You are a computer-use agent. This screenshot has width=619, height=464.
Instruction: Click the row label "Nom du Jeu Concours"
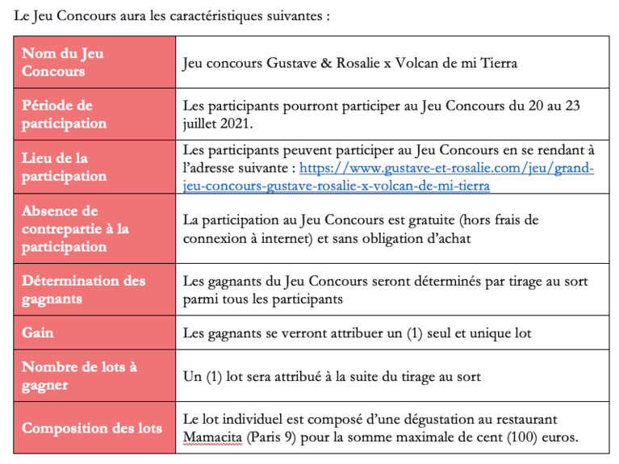point(63,62)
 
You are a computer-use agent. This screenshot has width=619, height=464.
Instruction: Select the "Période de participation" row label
point(64,115)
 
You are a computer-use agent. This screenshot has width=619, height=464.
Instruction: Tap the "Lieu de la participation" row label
point(64,167)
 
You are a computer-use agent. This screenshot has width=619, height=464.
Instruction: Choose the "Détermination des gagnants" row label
point(84,290)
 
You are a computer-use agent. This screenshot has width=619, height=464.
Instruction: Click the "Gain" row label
point(38,332)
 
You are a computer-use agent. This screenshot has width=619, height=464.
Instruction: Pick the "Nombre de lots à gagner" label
point(79,375)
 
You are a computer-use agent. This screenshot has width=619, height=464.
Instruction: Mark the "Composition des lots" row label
point(92,428)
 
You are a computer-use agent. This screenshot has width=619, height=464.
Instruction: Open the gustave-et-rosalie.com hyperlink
point(446,169)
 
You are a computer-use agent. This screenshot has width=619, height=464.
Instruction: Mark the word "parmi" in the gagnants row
point(200,299)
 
